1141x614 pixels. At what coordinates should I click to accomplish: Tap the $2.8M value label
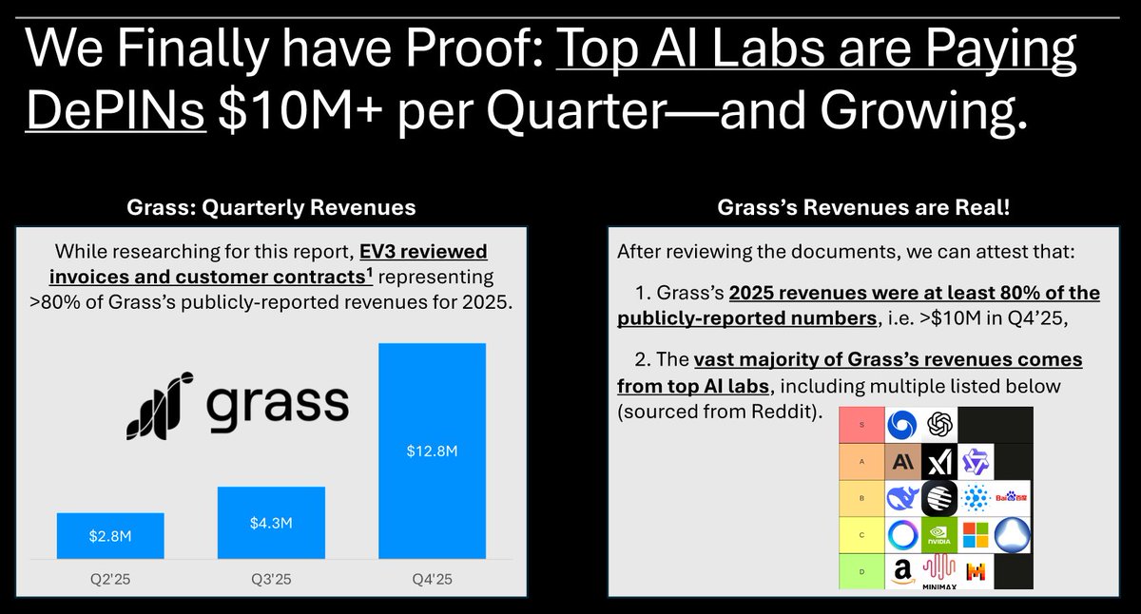pyautogui.click(x=111, y=537)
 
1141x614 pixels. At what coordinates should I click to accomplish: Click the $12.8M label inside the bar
pyautogui.click(x=432, y=452)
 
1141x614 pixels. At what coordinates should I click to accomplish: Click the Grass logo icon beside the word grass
pyautogui.click(x=160, y=406)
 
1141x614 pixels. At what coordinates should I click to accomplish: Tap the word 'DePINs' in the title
pyautogui.click(x=115, y=114)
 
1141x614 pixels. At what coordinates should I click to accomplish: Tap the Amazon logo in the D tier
pyautogui.click(x=903, y=572)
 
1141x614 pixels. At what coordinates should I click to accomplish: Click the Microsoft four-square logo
pyautogui.click(x=976, y=535)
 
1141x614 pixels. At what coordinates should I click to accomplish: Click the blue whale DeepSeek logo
pyautogui.click(x=903, y=498)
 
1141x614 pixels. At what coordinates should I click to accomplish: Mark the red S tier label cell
pyautogui.click(x=861, y=424)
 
